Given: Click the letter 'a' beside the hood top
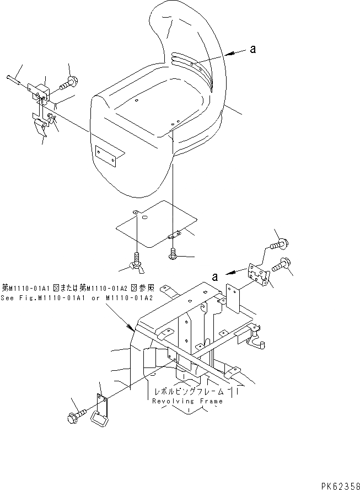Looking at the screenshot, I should (253, 49).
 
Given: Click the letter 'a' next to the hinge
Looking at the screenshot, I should (215, 274).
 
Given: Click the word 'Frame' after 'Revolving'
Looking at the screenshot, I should (212, 401).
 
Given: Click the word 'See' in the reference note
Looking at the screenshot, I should (9, 296).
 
